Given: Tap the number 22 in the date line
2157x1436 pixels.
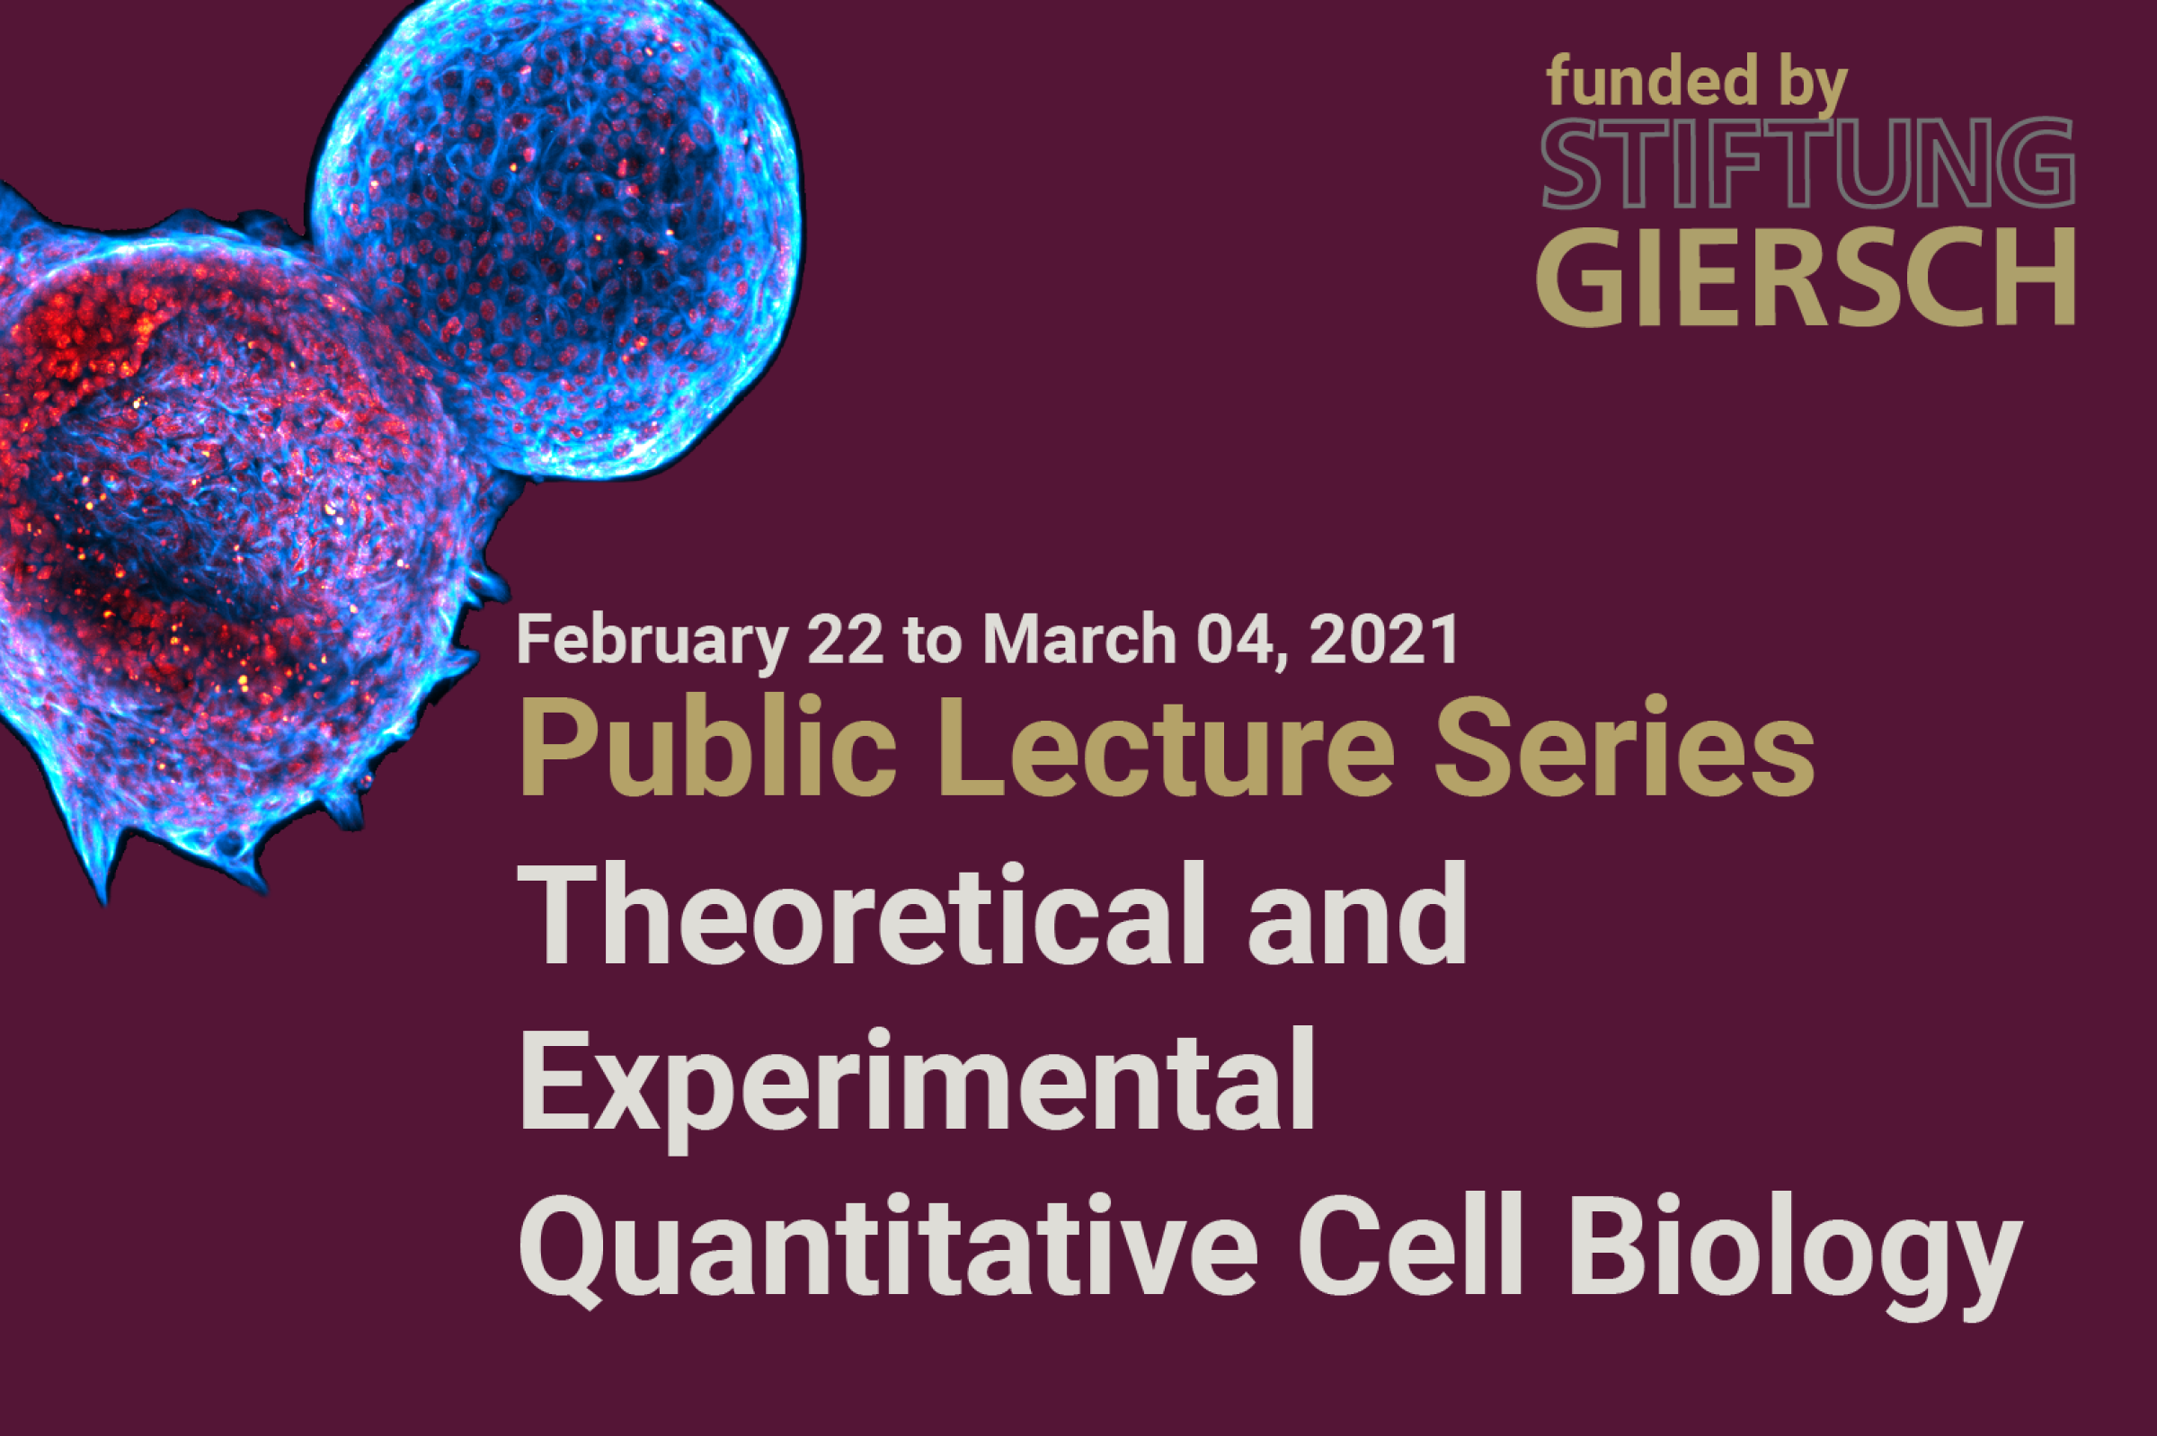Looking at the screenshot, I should (x=845, y=640).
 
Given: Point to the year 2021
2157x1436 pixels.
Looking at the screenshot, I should (x=1384, y=640).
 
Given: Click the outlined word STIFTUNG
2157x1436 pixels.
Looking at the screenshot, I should (x=1807, y=163).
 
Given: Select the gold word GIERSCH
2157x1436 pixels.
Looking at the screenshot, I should (x=1806, y=277).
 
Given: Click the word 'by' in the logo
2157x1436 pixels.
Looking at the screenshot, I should (x=1813, y=85).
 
